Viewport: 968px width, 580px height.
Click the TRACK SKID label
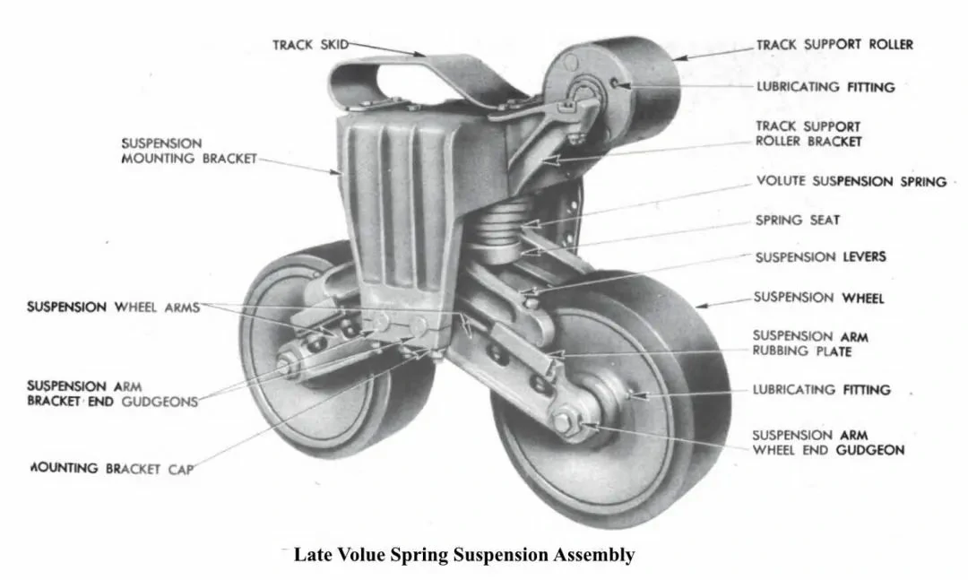[309, 43]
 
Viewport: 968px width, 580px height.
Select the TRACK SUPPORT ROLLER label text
[834, 44]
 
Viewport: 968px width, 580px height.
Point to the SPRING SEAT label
[798, 220]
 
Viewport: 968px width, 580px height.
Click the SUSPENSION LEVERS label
[820, 257]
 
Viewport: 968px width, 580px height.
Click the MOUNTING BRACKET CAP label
[112, 467]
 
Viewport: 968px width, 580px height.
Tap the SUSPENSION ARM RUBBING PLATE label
[810, 343]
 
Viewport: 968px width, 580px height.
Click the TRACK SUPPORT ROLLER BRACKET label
[808, 134]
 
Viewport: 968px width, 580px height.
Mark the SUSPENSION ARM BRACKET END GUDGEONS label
[112, 394]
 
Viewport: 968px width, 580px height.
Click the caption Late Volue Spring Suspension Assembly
[464, 555]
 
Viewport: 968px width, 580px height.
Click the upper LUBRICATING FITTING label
[825, 87]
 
